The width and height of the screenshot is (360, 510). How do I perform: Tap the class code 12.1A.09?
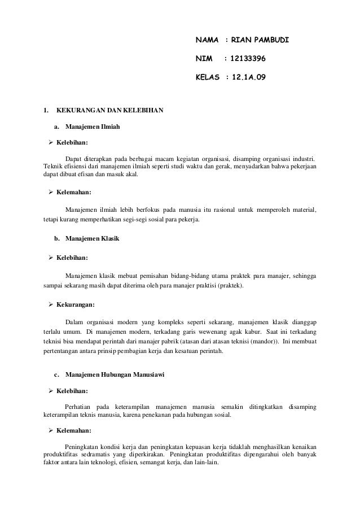(x=247, y=75)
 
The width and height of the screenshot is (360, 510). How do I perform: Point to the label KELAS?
(x=207, y=75)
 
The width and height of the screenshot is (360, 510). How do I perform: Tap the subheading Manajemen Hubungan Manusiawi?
(x=115, y=376)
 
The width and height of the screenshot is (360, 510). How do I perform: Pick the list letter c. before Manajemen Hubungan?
(x=56, y=376)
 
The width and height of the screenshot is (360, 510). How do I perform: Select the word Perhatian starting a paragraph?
(x=80, y=407)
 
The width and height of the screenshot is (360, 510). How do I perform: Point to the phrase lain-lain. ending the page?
(x=194, y=463)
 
